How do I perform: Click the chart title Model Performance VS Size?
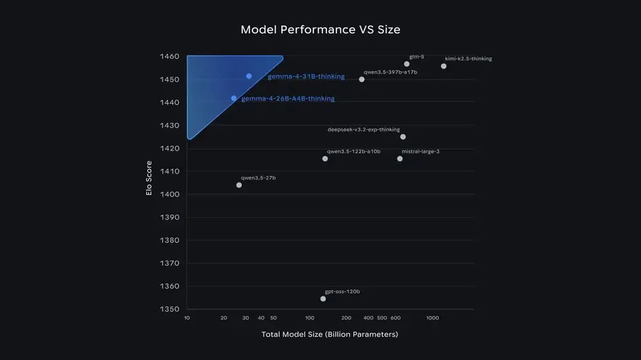point(320,29)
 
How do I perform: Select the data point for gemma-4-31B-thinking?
point(249,76)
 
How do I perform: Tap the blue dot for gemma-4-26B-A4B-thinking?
point(234,98)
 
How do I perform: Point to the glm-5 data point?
point(407,64)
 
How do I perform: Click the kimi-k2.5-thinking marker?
point(444,66)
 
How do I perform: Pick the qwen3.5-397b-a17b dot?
point(362,79)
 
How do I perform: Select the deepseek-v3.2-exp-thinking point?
point(403,137)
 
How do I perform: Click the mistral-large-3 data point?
point(400,159)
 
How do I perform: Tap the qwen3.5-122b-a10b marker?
point(325,159)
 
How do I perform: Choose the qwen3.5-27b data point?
point(239,185)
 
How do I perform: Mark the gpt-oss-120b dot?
point(323,299)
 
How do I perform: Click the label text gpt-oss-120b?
point(342,291)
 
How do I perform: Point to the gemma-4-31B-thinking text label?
point(306,76)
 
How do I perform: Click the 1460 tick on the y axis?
point(170,56)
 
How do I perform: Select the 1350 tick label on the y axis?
point(170,309)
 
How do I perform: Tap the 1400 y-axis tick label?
point(170,194)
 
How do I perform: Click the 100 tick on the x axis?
point(310,318)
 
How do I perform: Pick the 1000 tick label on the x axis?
point(433,318)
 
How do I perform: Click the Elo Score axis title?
point(149,177)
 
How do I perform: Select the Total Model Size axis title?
point(329,334)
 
